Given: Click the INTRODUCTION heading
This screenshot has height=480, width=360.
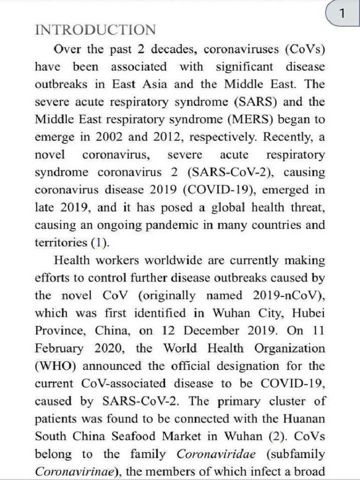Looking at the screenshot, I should click(96, 30).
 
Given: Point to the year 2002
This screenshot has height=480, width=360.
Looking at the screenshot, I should click(112, 137).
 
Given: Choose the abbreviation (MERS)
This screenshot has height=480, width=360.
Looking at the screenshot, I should click(251, 120).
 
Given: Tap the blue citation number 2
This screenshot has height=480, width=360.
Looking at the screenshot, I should click(274, 436).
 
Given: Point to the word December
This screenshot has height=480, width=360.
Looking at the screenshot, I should click(209, 330).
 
